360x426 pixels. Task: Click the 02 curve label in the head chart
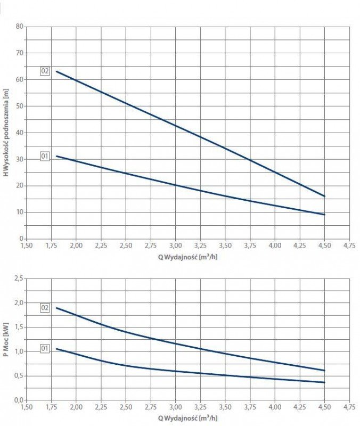point(45,71)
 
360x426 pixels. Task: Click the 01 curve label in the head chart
point(45,156)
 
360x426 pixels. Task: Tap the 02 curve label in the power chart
point(45,308)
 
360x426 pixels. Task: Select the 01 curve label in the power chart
point(45,349)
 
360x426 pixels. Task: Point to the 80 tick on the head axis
point(20,26)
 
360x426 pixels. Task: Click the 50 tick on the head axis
point(20,106)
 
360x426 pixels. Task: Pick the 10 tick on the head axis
point(20,212)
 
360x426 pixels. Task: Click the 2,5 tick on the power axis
point(19,278)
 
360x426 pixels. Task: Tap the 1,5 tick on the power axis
point(19,327)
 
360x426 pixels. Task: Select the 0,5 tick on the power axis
point(19,375)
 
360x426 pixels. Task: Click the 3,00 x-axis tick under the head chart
point(175,245)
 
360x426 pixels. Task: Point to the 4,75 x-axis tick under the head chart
point(349,245)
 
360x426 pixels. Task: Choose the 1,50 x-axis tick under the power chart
point(26,407)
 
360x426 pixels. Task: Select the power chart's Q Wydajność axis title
point(187,418)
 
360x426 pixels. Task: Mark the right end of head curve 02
point(324,196)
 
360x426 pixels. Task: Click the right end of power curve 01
point(324,382)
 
